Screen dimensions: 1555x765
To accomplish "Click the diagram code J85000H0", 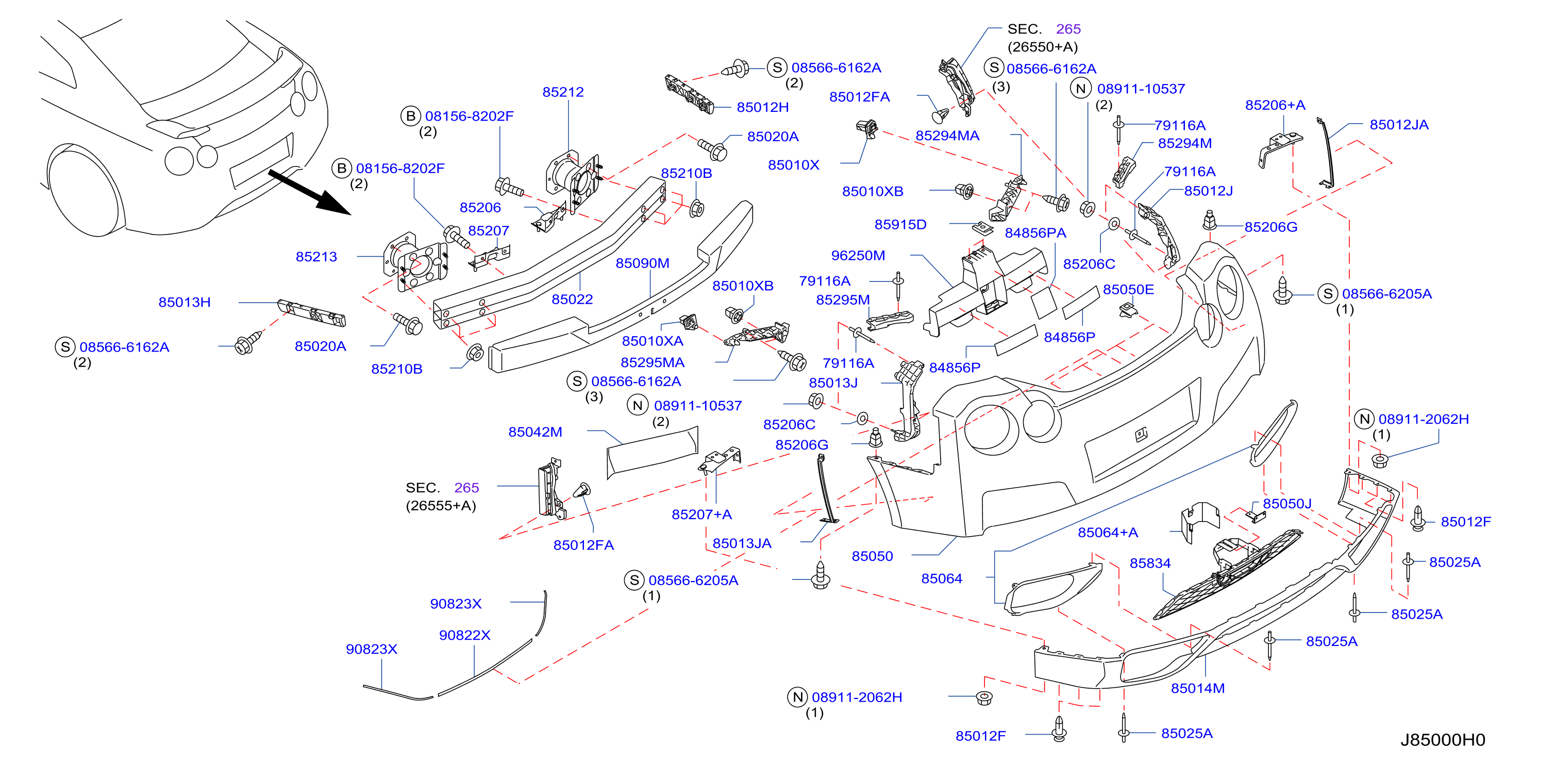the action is [x=1443, y=740].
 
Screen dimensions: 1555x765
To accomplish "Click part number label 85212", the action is [x=563, y=92].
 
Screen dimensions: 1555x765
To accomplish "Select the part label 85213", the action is [x=316, y=257].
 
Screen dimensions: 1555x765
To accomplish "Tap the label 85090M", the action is [x=642, y=263].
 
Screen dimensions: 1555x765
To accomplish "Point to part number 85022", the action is [x=572, y=299].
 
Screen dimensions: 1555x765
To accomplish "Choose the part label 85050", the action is [x=872, y=556].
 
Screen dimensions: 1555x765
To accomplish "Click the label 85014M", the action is [x=1198, y=688].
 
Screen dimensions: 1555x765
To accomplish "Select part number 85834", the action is [x=1150, y=563].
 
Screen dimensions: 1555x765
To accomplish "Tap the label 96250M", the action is [x=858, y=255].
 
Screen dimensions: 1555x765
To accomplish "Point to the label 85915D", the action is [x=900, y=225].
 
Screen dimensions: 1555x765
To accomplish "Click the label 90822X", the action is [x=465, y=635].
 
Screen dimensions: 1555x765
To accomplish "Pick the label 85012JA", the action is [x=1399, y=125].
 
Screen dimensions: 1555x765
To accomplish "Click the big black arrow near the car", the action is [x=309, y=192].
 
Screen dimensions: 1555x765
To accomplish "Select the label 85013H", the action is [x=185, y=302].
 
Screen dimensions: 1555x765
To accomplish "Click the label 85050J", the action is [x=1288, y=504].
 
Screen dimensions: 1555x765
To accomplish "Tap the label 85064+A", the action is [x=1108, y=533].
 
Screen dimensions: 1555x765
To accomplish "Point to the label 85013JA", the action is [x=742, y=543].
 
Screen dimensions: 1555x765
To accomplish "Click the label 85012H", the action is [x=762, y=107].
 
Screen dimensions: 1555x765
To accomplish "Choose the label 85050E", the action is [x=1128, y=289].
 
